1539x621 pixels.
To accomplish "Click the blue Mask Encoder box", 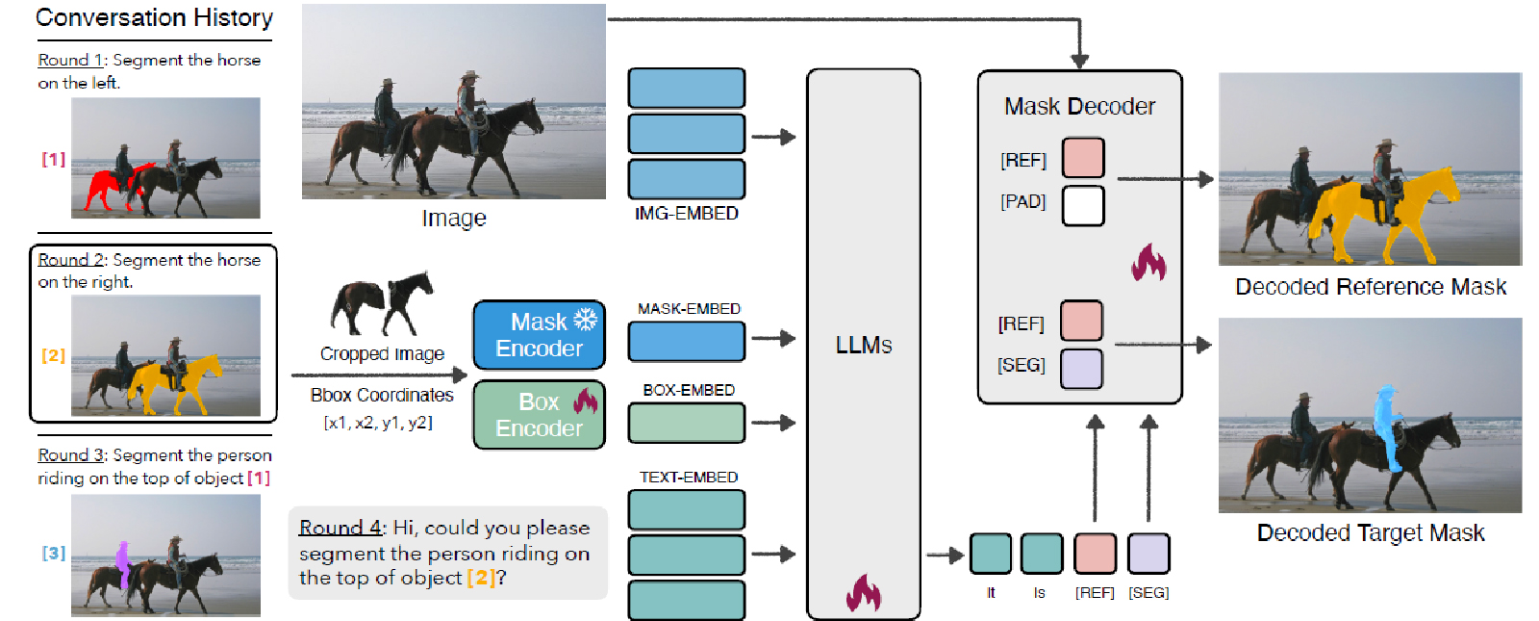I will [x=539, y=335].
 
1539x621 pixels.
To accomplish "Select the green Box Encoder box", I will [x=539, y=415].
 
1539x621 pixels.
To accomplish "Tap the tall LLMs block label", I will [x=864, y=345].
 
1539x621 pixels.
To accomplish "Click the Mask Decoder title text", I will [x=1079, y=106].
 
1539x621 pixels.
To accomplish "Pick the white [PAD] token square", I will [x=1083, y=205].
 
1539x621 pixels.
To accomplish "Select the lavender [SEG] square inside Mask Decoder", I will [x=1081, y=369].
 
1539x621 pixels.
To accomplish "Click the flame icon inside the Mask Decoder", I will [x=1148, y=262].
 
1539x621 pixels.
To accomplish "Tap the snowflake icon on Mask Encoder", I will [x=585, y=320].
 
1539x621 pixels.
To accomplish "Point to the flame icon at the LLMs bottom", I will [x=864, y=593].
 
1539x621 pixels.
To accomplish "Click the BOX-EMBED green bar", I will [x=687, y=423].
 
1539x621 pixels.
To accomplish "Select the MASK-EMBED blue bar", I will [x=687, y=341].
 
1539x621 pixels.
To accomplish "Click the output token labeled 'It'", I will [x=991, y=554].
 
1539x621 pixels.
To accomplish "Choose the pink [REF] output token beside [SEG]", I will [x=1095, y=554].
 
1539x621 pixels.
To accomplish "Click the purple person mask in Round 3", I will [x=123, y=562].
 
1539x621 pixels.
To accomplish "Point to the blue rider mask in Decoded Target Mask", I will [x=1386, y=424].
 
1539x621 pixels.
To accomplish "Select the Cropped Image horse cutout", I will [x=382, y=302].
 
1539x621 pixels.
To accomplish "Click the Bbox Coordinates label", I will [x=382, y=395].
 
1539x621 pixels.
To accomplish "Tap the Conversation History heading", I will [x=154, y=17].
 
